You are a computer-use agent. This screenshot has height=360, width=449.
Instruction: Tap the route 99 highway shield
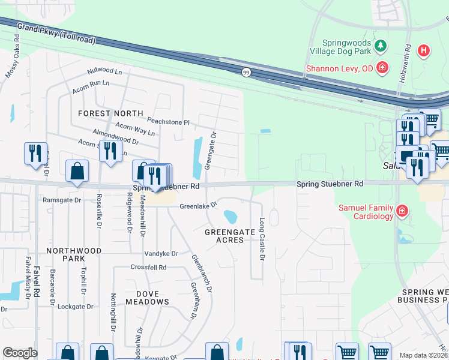tap(246, 72)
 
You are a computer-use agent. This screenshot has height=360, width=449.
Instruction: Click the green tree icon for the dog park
tap(379, 46)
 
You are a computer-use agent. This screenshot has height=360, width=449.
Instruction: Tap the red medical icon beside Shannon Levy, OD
tap(382, 68)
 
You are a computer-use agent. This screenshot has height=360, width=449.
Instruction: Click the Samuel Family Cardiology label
tap(365, 211)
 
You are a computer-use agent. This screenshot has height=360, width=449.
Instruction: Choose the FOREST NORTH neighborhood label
tap(110, 113)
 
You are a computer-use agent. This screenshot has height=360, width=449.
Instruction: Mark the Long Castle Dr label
tap(262, 239)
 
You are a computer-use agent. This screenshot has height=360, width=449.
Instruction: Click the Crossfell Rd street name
tap(148, 267)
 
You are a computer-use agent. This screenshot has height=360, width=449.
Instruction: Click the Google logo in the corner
tap(20, 353)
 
